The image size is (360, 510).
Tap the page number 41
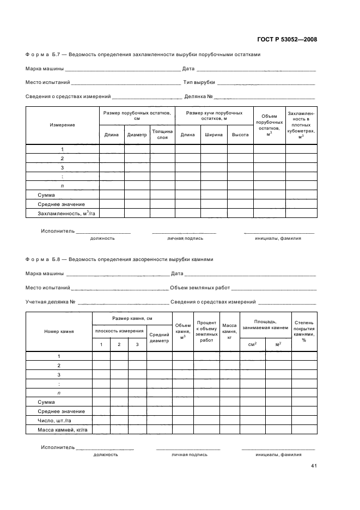point(314,466)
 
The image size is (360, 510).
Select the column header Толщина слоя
point(162,135)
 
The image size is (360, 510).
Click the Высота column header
point(240,135)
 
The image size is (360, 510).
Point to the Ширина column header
point(214,135)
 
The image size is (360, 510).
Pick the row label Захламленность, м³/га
point(63,214)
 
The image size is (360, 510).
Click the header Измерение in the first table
point(63,125)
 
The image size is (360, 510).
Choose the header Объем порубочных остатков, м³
point(269,125)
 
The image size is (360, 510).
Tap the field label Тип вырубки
point(200,83)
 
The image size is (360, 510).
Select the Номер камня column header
point(59,331)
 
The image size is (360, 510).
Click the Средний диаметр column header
point(159,338)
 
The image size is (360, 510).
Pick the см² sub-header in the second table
point(252,344)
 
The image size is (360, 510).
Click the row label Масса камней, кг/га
point(63,430)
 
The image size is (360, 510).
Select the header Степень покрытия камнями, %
point(303,331)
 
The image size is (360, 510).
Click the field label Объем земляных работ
point(200,288)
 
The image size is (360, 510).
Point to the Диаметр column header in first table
point(137,135)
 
